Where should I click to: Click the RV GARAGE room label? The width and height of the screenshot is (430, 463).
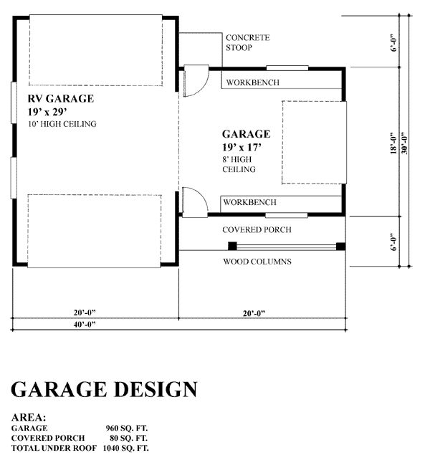coord(61,98)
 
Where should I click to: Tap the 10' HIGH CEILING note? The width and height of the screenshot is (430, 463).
coord(62,124)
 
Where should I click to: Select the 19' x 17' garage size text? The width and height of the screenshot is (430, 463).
coord(242,147)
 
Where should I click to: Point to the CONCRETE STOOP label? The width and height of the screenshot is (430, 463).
coord(247,42)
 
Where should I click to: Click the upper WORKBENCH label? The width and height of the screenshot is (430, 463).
coord(252,82)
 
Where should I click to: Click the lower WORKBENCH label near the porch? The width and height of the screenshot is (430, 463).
coord(249,202)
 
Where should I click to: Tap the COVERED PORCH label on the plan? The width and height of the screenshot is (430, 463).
coord(257,230)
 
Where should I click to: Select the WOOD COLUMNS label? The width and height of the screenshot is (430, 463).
coord(257,262)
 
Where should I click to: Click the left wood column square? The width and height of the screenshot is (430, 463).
coord(232,246)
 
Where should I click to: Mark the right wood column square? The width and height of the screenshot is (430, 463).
coord(341,246)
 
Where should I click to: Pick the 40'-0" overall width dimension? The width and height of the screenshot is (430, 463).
coord(85,324)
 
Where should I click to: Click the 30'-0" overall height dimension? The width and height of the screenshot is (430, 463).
coord(404,143)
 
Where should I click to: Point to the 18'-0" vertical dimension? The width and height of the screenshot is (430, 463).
coord(393,143)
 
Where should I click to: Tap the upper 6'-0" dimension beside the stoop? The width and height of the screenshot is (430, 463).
coord(393,44)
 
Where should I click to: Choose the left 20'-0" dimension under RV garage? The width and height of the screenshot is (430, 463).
coord(85,312)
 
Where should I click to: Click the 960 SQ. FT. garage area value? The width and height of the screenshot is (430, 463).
coord(126,428)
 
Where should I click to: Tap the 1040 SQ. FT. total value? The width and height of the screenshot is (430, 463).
coord(125,448)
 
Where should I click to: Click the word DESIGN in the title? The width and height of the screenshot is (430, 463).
coord(156,389)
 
